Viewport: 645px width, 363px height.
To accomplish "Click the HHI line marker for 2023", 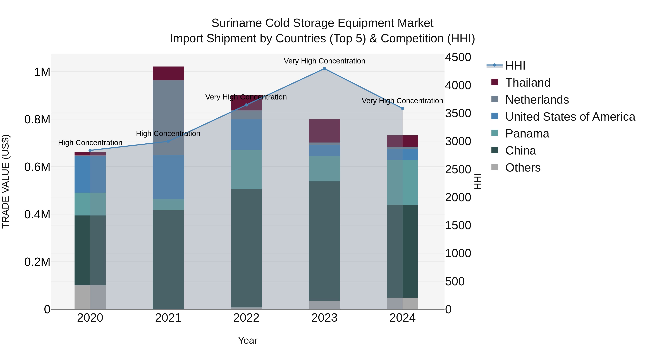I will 324,69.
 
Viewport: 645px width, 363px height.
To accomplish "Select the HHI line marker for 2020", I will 90,150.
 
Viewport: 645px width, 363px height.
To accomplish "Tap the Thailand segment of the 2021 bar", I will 168,73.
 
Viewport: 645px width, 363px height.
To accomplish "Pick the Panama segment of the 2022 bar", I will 246,169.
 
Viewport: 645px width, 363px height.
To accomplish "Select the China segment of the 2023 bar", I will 324,241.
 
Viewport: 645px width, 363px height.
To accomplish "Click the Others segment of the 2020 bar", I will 90,297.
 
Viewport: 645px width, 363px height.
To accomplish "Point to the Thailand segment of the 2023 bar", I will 324,131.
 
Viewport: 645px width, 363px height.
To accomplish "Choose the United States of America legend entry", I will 570,117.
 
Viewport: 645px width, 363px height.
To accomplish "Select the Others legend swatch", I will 494,167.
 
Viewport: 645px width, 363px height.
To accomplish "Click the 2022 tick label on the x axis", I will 246,318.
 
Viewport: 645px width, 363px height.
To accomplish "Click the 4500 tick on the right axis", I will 458,57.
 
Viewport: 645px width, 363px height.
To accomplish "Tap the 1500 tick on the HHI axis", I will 458,225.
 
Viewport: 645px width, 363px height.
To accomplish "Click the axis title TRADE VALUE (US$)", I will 6,181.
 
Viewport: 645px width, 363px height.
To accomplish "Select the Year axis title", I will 248,340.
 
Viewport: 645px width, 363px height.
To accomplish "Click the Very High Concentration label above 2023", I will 324,61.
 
